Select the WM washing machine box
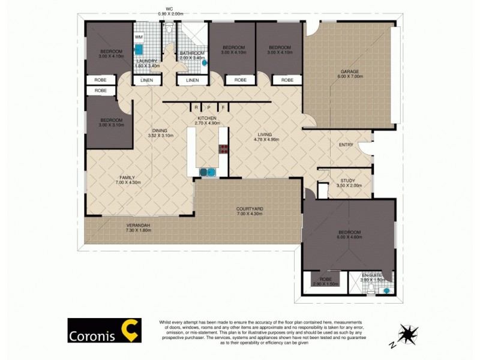(x=139, y=37)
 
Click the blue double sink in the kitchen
(x=207, y=172)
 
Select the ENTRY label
(x=346, y=144)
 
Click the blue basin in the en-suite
(x=386, y=290)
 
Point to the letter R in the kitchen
(x=196, y=108)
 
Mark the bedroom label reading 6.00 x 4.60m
(x=349, y=235)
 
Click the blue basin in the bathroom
(x=205, y=62)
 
